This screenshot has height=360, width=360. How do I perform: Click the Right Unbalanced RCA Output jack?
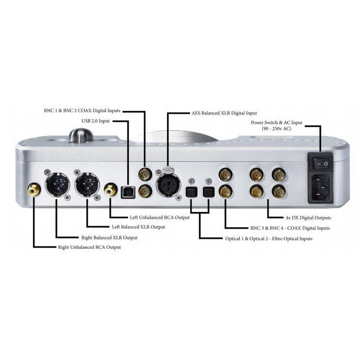pyautogui.click(x=34, y=189)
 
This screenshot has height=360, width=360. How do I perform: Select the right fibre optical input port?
pyautogui.click(x=209, y=192)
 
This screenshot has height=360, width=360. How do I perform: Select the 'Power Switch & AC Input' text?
pyautogui.click(x=276, y=123)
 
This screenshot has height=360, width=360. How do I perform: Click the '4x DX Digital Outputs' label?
pyautogui.click(x=308, y=218)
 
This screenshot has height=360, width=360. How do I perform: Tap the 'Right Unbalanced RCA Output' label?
pyautogui.click(x=89, y=247)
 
